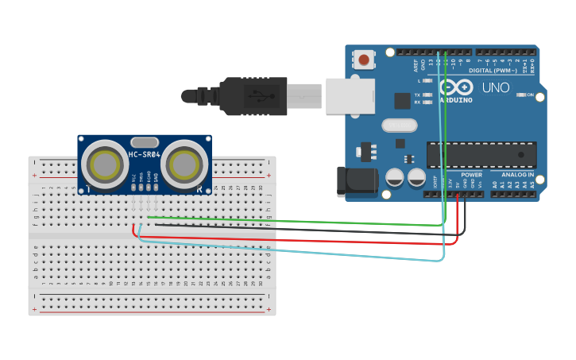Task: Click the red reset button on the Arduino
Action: coord(364,60)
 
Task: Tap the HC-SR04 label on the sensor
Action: coord(145,153)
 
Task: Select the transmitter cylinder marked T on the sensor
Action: coord(105,165)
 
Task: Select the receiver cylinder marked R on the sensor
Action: coord(184,165)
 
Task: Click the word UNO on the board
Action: coord(497,87)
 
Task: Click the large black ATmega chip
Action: coord(481,154)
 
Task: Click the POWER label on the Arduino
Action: coord(471,175)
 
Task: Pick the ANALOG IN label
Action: coord(517,175)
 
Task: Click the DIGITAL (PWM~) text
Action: coord(497,71)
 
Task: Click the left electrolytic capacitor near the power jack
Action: coord(395,177)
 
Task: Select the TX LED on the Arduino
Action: coord(428,95)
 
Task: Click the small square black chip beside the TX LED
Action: coord(403,101)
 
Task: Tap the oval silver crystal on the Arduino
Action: coord(399,125)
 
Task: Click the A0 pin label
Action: coord(494,184)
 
